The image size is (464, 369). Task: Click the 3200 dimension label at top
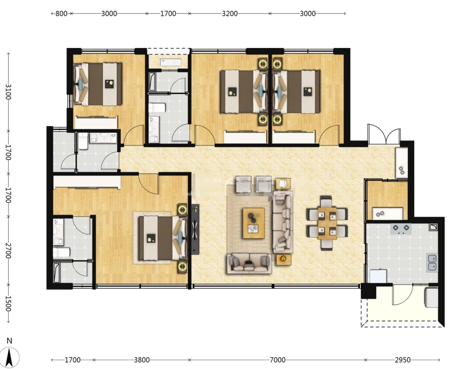click(x=230, y=14)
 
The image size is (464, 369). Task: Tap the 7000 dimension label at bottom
click(x=277, y=360)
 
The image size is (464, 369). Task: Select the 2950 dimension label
click(x=402, y=360)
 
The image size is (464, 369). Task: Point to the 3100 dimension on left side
click(x=8, y=92)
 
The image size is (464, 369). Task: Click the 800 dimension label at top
click(x=61, y=14)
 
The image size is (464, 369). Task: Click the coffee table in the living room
click(x=254, y=223)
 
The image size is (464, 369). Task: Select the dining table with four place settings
click(x=327, y=223)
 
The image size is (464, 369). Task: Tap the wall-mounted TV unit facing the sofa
click(x=195, y=229)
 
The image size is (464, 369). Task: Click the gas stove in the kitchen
click(x=401, y=228)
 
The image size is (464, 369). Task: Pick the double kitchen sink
click(x=432, y=262)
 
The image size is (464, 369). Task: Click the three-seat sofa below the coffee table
click(x=249, y=263)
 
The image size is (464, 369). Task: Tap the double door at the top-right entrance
click(x=384, y=134)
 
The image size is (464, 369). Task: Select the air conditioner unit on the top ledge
click(x=171, y=62)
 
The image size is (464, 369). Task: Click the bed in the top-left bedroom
click(x=98, y=84)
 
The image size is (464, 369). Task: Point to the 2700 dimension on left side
click(x=8, y=251)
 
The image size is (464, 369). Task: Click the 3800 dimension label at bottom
click(x=142, y=360)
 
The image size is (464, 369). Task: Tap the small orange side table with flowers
click(x=283, y=259)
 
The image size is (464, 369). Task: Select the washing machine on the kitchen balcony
click(x=431, y=297)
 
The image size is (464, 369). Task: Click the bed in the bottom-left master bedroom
click(x=163, y=238)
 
